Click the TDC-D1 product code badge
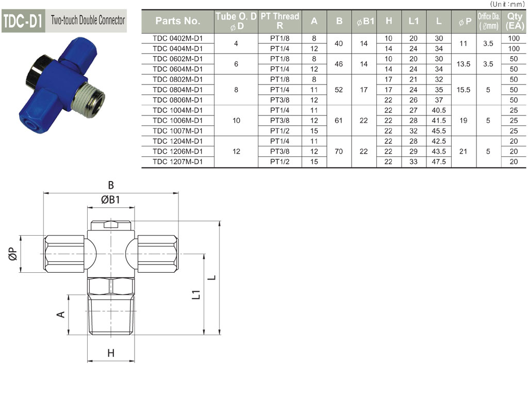(23, 21)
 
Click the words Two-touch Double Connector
(88, 20)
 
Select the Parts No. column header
(177, 21)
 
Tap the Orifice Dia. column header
(489, 21)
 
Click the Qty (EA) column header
(514, 21)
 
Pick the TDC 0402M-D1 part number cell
(177, 38)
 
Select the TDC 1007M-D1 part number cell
(177, 130)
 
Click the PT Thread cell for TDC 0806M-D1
(279, 100)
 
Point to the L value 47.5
(438, 161)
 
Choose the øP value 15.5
(464, 90)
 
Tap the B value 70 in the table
(339, 152)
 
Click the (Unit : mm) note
(507, 4)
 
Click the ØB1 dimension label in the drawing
(110, 200)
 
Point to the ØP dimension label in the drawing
(12, 254)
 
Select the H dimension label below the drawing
(111, 353)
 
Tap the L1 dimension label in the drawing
(196, 294)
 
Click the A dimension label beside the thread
(61, 315)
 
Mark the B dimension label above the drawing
(111, 185)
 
